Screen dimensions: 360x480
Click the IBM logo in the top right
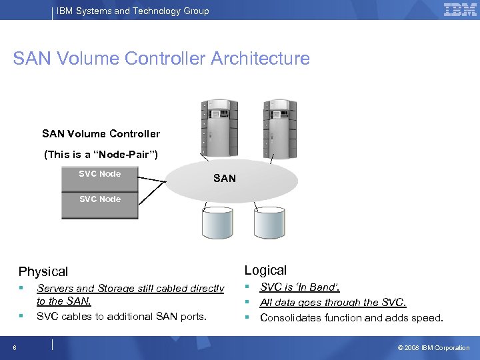point(459,10)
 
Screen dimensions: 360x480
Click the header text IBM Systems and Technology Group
point(133,11)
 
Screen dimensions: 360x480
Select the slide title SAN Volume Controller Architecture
point(161,59)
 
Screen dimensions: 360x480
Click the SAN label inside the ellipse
point(224,178)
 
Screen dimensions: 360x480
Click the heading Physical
point(43,271)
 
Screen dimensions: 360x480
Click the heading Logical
point(265,270)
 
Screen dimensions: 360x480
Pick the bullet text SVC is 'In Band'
point(299,287)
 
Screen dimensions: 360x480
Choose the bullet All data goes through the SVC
point(333,302)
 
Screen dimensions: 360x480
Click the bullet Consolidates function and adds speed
point(351,317)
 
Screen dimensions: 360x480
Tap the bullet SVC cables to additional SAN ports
point(121,316)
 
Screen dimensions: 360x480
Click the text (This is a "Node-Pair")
point(101,154)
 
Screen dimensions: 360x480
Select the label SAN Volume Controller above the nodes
point(101,133)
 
